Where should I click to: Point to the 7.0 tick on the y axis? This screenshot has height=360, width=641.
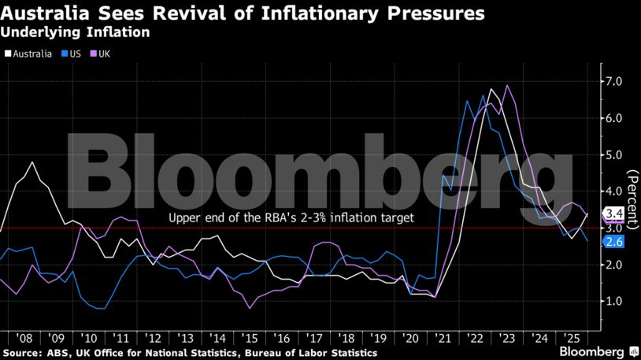613,82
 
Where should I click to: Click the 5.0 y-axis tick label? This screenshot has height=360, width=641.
613,155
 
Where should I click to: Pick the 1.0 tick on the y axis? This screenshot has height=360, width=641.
613,302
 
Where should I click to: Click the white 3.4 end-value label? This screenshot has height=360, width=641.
613,213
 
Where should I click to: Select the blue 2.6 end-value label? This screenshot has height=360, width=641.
613,242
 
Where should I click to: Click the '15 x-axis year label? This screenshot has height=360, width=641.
250,335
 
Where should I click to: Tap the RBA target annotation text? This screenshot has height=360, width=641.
291,217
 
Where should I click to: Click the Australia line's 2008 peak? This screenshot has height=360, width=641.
32,162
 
